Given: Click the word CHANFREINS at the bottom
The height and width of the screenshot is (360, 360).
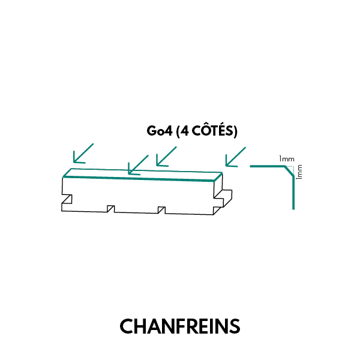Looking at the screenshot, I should (x=180, y=326).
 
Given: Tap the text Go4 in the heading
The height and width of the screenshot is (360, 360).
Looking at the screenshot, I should (x=158, y=131).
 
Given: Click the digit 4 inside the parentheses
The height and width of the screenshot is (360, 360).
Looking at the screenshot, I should (x=184, y=131).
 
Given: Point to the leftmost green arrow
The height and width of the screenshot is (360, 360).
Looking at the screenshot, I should (x=83, y=153).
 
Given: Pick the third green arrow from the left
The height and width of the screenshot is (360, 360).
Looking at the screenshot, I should (x=166, y=155).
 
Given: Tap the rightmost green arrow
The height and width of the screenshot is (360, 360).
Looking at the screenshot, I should (x=235, y=156).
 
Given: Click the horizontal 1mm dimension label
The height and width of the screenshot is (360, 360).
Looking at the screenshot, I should (x=286, y=159).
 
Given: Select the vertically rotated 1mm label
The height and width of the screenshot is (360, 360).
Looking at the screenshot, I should (x=299, y=172).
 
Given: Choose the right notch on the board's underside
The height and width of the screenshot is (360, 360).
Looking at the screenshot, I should (x=161, y=209).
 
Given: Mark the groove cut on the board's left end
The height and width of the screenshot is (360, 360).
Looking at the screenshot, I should (x=67, y=199).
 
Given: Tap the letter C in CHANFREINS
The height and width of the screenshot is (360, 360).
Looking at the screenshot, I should (x=126, y=326).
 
